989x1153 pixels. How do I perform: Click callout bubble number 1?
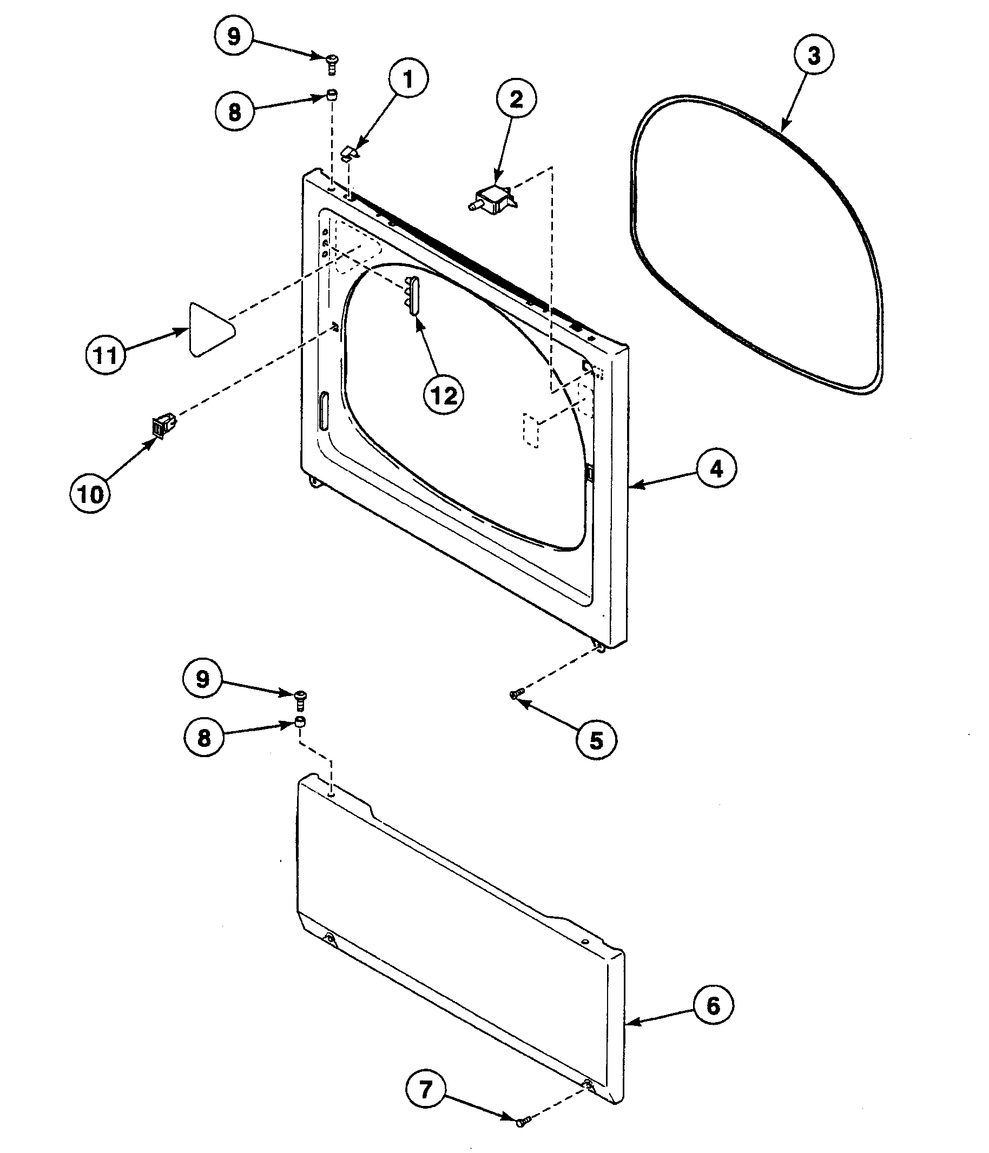408,79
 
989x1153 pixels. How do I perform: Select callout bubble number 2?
516,100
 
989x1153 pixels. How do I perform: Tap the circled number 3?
813,55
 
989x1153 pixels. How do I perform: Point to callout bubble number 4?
716,469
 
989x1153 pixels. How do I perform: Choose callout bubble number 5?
596,740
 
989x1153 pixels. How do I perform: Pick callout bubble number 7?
426,1089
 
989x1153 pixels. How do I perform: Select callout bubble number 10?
91,494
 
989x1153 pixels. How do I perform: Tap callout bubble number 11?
106,354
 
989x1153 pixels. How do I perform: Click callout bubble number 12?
444,396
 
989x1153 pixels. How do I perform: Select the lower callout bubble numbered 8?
205,738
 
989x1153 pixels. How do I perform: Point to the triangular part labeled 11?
209,329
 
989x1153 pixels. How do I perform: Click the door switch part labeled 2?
493,200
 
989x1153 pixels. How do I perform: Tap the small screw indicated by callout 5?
517,693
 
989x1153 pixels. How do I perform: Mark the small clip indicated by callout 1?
349,153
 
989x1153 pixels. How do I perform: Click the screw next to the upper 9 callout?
333,62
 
